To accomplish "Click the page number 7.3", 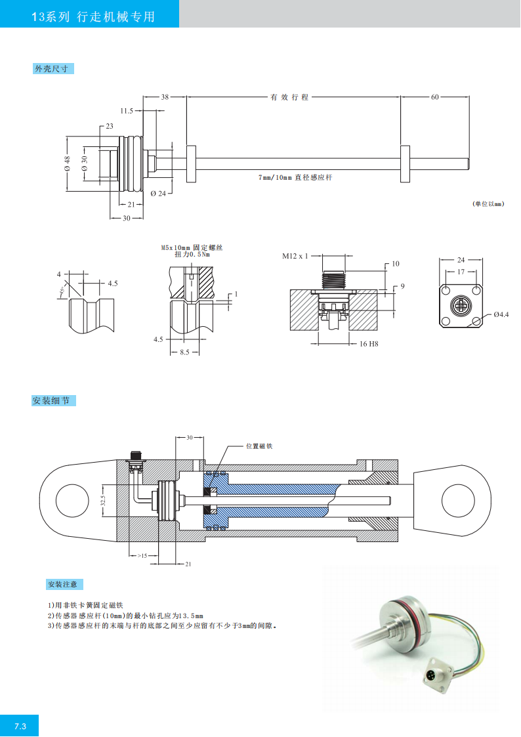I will tap(20, 726).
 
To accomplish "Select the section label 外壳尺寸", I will tap(51, 68).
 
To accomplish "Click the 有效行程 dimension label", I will tap(289, 97).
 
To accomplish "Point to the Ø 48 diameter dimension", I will tap(67, 165).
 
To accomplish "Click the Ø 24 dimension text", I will tap(158, 194).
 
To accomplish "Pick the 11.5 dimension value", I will tap(127, 111).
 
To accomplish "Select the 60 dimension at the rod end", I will tap(434, 97).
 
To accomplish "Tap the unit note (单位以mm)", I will tap(488, 204).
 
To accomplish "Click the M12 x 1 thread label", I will tap(295, 256).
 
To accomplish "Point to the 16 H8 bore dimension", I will tap(369, 343).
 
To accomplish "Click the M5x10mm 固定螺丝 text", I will tap(192, 247).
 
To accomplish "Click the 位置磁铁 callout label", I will tap(259, 446).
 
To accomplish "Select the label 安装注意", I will tap(64, 583).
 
